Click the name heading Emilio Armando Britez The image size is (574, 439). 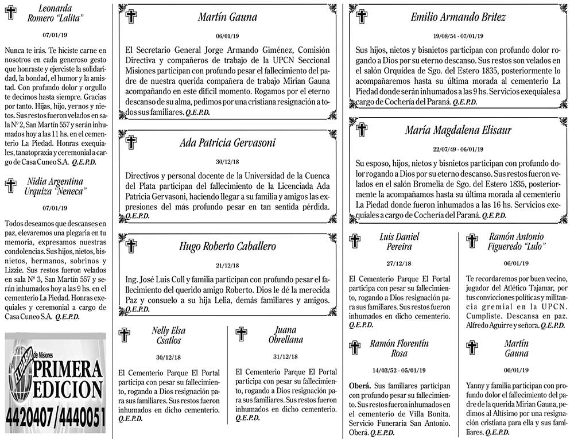click(x=458, y=17)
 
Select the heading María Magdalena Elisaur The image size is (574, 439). click(x=457, y=130)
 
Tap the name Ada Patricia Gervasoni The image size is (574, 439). click(x=227, y=143)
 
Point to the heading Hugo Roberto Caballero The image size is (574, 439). click(x=227, y=246)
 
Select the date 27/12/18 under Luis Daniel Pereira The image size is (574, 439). click(x=399, y=264)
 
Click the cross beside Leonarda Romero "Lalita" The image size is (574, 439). click(x=10, y=12)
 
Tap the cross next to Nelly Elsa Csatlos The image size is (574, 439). click(x=124, y=335)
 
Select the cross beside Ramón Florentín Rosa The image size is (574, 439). click(x=355, y=347)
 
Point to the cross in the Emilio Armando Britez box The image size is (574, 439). click(x=362, y=16)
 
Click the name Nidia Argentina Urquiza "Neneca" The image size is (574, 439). click(x=55, y=186)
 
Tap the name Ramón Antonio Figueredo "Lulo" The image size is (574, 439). click(x=517, y=241)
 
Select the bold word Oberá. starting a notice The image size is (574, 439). click(x=362, y=386)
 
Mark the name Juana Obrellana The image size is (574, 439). click(x=285, y=335)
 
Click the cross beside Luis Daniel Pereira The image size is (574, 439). click(x=355, y=240)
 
